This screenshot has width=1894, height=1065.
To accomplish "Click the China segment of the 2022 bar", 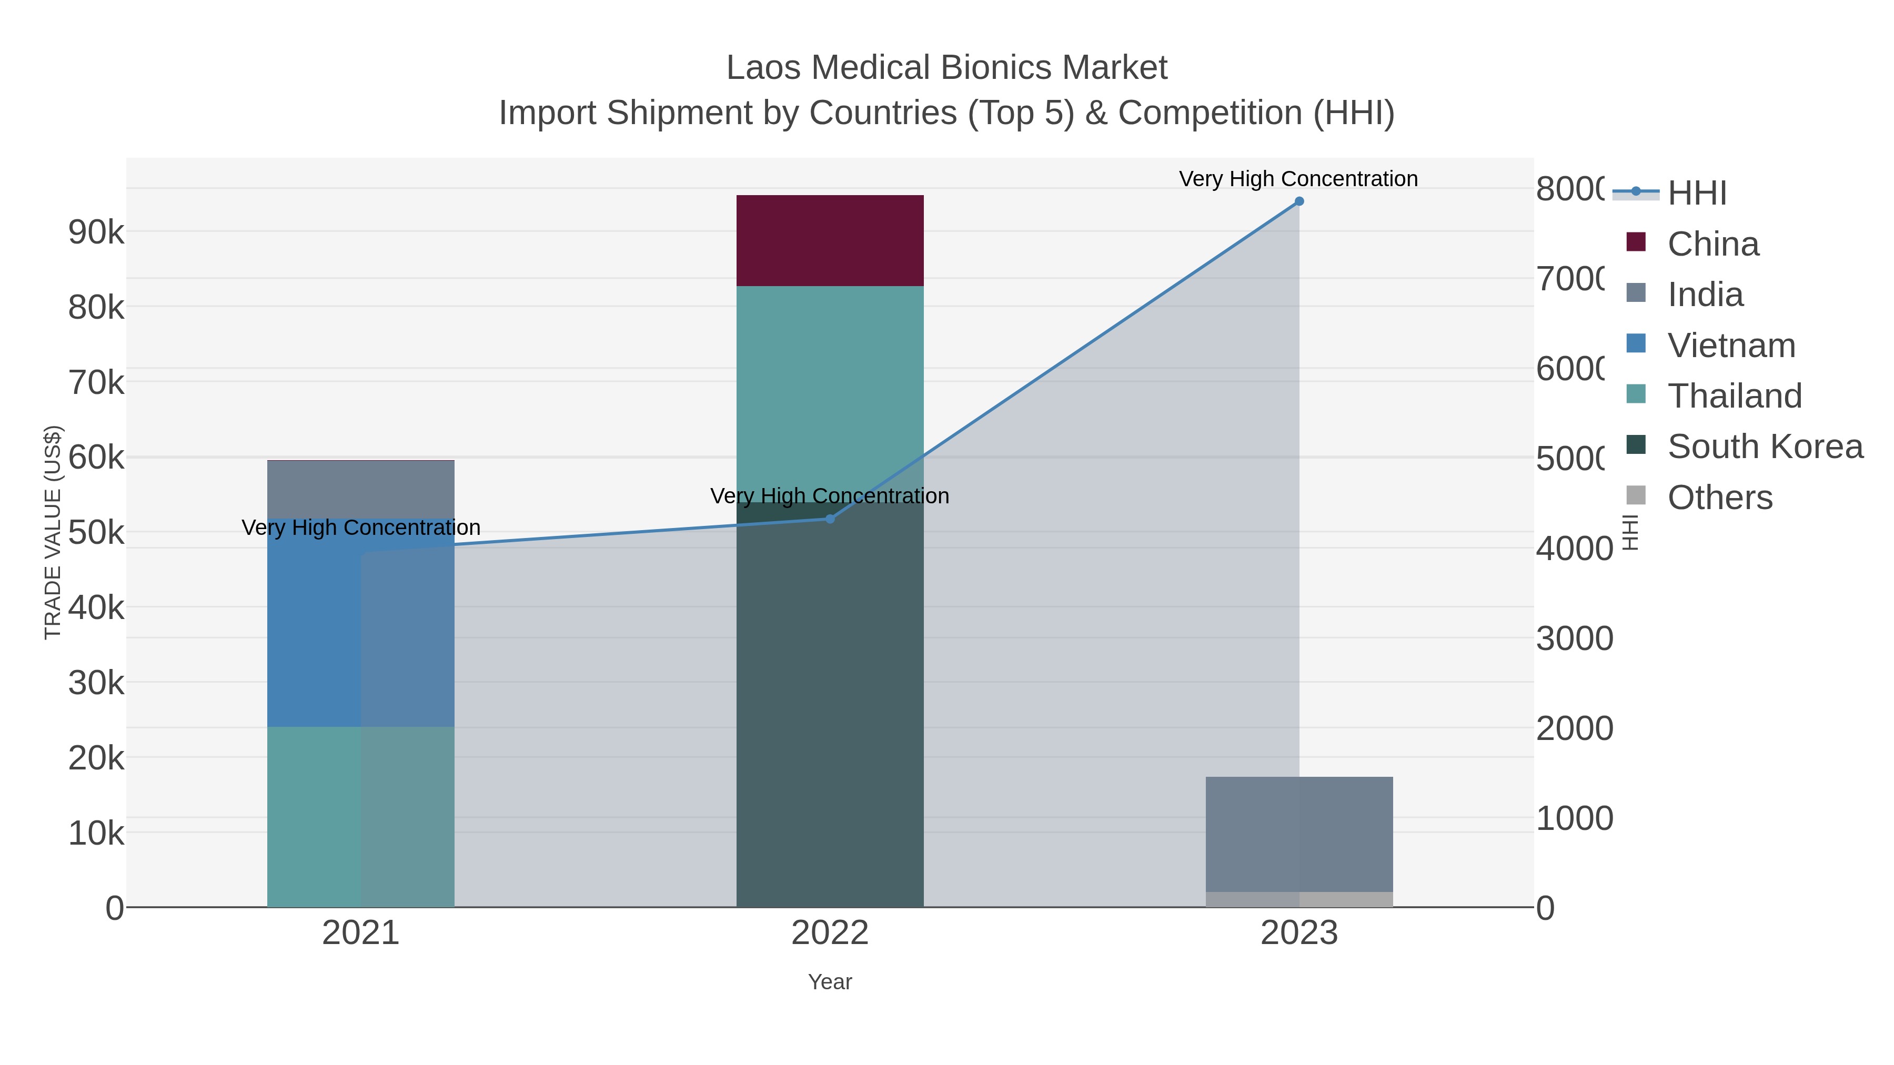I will (829, 240).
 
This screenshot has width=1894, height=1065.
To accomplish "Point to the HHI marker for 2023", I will (1298, 201).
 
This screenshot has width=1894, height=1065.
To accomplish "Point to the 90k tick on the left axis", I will (96, 232).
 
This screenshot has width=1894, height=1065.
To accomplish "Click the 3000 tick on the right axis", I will (1574, 638).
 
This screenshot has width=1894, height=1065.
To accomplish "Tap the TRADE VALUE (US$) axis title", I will (53, 532).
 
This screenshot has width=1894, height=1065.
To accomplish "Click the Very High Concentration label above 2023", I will (1298, 179).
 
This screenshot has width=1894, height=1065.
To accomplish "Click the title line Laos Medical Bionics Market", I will (946, 68).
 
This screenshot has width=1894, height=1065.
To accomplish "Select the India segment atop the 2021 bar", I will (360, 490).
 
